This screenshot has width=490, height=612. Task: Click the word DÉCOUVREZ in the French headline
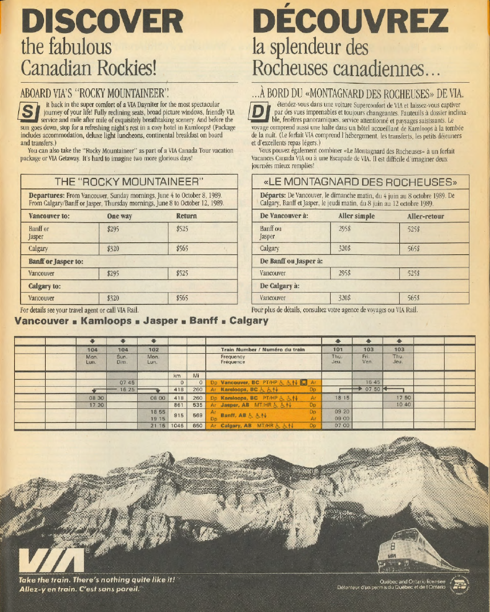(350, 22)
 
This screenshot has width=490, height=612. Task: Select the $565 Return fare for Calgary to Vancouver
(182, 298)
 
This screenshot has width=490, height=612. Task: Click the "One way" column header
(119, 216)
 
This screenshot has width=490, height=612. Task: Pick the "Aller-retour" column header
(425, 216)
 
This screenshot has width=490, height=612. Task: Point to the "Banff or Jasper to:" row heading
(56, 261)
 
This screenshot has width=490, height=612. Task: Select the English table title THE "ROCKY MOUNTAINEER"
(129, 182)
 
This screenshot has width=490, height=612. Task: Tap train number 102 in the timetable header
(153, 349)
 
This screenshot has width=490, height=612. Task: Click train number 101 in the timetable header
(338, 349)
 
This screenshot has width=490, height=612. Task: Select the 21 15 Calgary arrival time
(158, 425)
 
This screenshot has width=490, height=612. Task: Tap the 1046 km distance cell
(177, 425)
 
